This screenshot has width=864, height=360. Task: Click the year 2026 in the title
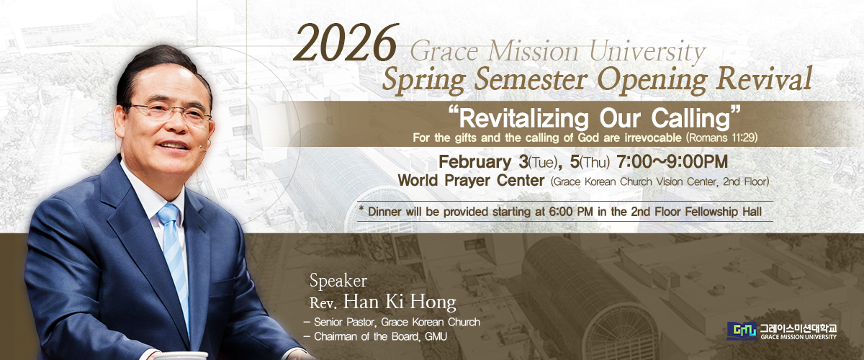345,42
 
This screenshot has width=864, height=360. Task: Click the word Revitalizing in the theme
523,119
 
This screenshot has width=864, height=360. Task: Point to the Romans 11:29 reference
721,138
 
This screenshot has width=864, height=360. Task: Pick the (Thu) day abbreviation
595,163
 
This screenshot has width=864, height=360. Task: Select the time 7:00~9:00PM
672,162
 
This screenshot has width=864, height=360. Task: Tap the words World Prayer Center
471,180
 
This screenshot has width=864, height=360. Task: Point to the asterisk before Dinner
361,210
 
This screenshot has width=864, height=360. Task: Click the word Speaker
338,281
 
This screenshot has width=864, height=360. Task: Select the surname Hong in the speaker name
433,302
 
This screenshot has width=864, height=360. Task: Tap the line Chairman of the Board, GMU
376,337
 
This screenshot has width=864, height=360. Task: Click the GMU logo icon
742,331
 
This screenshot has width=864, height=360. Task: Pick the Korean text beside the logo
798,328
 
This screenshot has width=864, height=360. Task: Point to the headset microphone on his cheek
204,146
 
